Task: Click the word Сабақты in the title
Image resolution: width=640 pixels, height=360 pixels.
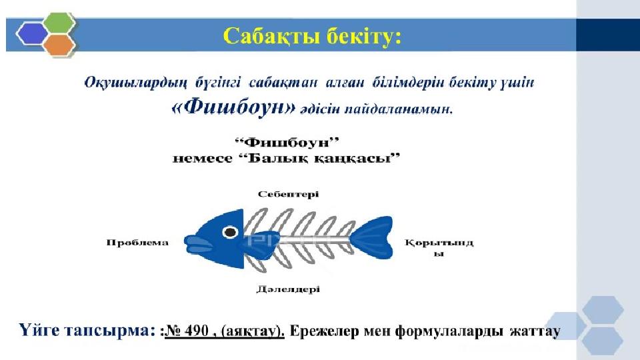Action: pyautogui.click(x=270, y=36)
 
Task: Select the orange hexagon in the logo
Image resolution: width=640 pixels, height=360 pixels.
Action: pyautogui.click(x=59, y=45)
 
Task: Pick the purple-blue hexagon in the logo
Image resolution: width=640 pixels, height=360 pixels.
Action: pyautogui.click(x=32, y=33)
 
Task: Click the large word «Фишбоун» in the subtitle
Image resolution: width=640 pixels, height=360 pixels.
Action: pyautogui.click(x=233, y=108)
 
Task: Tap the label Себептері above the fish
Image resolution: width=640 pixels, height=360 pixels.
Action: pyautogui.click(x=288, y=194)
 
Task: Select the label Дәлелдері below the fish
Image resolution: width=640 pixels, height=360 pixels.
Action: pyautogui.click(x=288, y=289)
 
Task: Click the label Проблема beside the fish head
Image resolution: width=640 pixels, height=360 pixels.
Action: pyautogui.click(x=137, y=243)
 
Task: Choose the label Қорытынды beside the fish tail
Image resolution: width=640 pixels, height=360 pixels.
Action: pyautogui.click(x=439, y=247)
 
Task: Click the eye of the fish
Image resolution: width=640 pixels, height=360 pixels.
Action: pyautogui.click(x=230, y=232)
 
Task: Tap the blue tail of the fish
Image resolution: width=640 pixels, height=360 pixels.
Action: pyautogui.click(x=372, y=238)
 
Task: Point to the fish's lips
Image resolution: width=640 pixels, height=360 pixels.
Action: pyautogui.click(x=199, y=244)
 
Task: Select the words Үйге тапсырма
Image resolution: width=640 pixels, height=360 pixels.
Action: pyautogui.click(x=84, y=330)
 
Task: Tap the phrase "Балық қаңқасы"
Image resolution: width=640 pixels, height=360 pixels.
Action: pyautogui.click(x=319, y=158)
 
